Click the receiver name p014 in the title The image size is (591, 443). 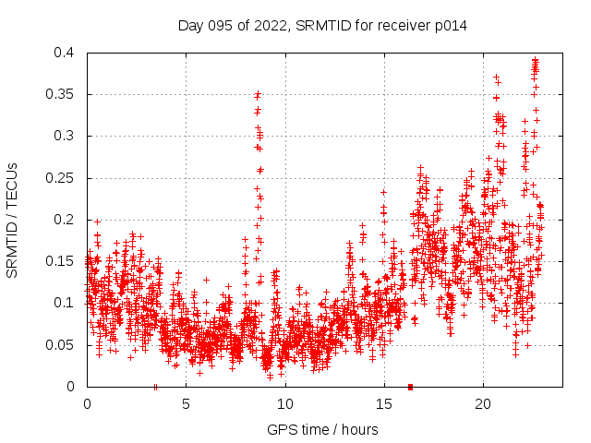click(x=449, y=26)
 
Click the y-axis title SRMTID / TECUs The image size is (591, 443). click(x=13, y=220)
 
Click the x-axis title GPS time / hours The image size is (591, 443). click(x=323, y=429)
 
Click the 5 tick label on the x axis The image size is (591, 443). click(x=186, y=404)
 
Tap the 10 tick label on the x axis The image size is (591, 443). click(x=284, y=404)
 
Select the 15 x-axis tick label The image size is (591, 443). click(x=383, y=404)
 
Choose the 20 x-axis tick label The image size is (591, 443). click(x=482, y=404)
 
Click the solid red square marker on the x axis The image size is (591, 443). click(x=410, y=386)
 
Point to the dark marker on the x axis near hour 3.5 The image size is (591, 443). click(x=155, y=386)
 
